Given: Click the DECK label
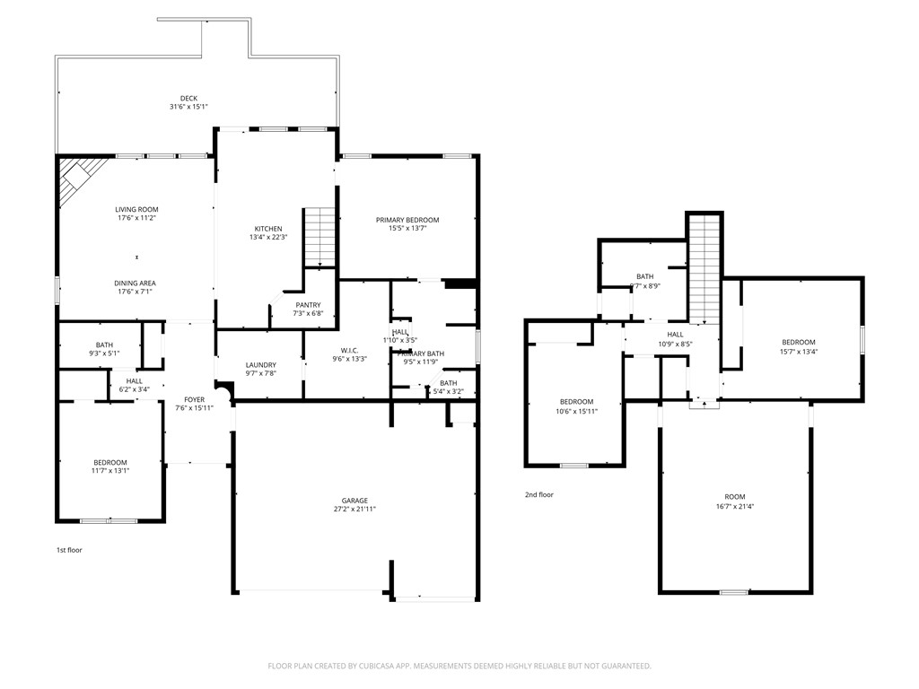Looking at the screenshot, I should (188, 99).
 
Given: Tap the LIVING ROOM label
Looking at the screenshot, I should (136, 209).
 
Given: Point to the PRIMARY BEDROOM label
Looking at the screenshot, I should (407, 220).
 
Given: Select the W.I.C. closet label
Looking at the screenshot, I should (349, 350).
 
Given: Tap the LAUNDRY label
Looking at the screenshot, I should (260, 364).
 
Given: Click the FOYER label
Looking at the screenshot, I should (195, 399).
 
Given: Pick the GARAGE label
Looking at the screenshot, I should (354, 501).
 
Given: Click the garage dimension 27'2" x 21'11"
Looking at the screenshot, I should (354, 510).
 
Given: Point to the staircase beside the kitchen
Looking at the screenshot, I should (320, 237).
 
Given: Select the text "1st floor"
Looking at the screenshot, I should (69, 550).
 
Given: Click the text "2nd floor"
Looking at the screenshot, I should (539, 494).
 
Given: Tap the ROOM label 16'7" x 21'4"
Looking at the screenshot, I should (734, 496).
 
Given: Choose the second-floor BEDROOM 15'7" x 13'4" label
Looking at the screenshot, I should (798, 342).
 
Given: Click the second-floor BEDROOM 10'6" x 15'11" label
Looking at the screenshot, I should (576, 401).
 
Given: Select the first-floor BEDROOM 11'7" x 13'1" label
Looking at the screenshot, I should (109, 462).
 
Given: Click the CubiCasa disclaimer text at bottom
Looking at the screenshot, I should (459, 666).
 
